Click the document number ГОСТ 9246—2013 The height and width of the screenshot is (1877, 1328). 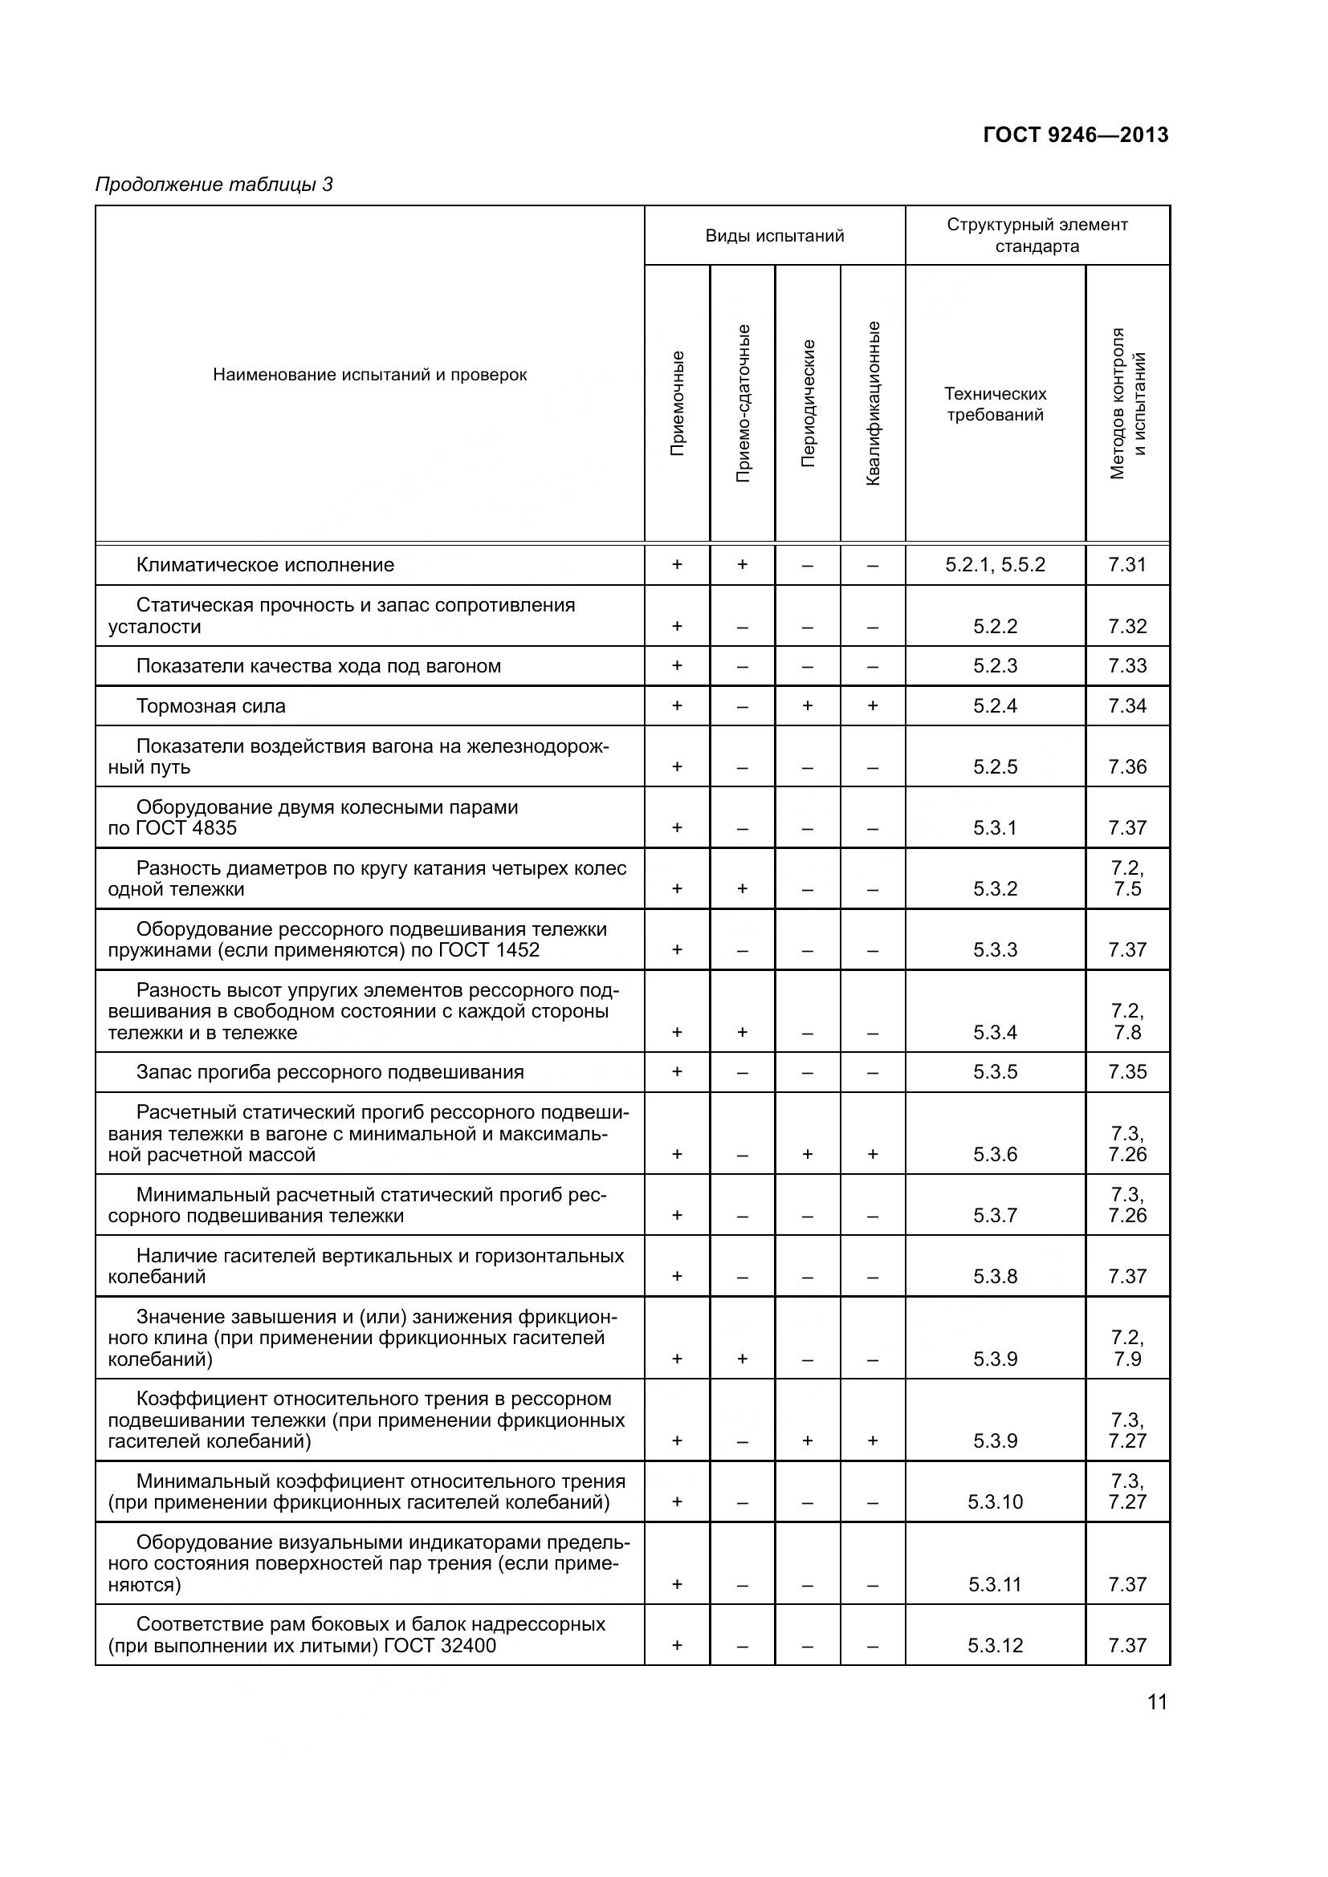1075,135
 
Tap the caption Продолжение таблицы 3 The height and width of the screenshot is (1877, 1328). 214,185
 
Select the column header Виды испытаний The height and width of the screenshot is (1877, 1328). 774,236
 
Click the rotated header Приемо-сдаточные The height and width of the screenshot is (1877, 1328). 743,403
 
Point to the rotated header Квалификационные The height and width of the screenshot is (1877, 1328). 873,403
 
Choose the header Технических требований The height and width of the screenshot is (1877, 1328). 995,404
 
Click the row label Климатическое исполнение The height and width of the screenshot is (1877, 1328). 265,565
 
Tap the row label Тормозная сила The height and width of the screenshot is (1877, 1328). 211,706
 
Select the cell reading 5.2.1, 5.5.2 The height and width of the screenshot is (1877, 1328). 995,565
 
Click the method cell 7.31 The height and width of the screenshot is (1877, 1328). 1126,565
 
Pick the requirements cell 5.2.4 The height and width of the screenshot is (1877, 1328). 995,706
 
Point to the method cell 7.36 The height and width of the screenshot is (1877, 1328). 1126,767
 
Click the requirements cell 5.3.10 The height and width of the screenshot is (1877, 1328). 995,1501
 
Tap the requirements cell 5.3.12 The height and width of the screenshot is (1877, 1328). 995,1645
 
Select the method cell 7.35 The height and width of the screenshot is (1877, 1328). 1126,1072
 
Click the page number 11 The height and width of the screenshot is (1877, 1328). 1157,1703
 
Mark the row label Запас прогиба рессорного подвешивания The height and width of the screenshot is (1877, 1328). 329,1072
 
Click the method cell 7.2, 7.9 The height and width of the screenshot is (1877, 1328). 1126,1348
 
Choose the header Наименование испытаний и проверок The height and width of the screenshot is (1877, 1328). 369,376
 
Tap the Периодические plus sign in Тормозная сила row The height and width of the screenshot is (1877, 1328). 807,706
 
